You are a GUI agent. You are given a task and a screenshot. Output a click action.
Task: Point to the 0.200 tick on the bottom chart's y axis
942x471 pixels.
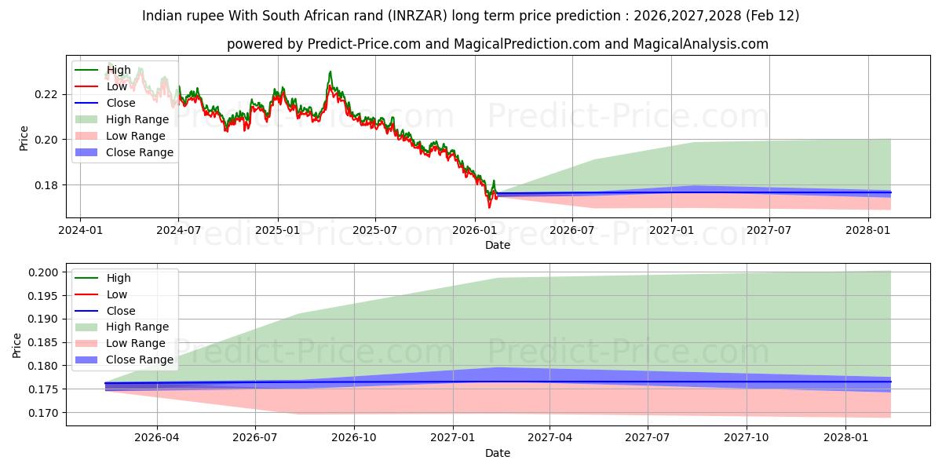(44, 272)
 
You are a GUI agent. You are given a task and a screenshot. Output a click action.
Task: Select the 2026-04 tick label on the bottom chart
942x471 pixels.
(157, 438)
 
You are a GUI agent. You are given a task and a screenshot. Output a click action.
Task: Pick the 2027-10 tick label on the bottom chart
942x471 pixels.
(747, 438)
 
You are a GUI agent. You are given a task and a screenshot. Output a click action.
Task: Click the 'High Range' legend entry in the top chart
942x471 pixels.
(137, 119)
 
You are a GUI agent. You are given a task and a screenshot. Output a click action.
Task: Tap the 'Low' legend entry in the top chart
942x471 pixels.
(117, 86)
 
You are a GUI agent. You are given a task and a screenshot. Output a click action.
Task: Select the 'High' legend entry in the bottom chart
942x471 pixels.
(119, 278)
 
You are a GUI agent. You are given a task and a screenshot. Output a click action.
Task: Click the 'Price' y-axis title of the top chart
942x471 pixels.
(24, 138)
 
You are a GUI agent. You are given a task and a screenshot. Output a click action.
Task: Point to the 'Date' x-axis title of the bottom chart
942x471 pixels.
(498, 453)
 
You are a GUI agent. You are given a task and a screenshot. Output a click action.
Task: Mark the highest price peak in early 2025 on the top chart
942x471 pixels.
(330, 72)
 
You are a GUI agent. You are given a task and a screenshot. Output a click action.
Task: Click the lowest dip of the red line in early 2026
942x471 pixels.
(489, 207)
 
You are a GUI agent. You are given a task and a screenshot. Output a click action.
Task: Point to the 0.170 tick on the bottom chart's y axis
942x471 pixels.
(44, 413)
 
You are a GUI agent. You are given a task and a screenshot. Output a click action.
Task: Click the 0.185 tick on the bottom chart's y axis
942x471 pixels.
(44, 342)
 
